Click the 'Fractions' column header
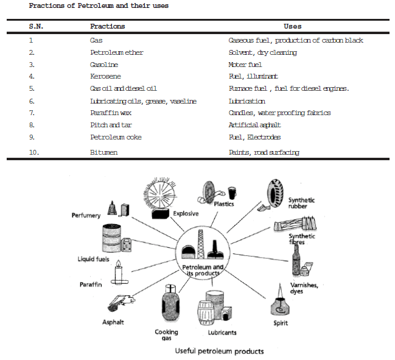point(107,27)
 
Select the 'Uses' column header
point(292,27)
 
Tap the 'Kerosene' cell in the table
point(105,76)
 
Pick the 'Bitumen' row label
point(103,152)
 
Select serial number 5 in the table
point(32,88)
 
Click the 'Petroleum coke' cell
point(116,137)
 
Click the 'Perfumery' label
point(86,216)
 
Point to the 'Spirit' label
point(281,323)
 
